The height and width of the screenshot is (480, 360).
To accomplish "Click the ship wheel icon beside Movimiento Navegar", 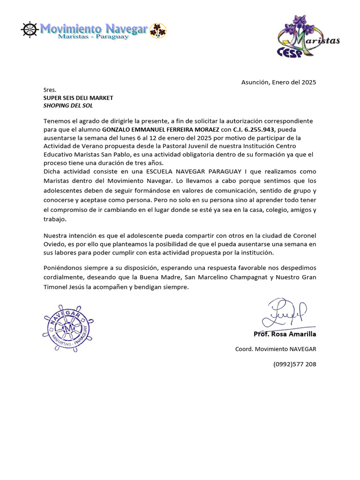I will [29, 30].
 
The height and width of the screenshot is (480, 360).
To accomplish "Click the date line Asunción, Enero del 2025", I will [278, 82].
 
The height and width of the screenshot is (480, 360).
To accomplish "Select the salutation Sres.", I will [50, 90].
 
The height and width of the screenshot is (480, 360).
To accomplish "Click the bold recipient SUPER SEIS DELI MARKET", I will [78, 97].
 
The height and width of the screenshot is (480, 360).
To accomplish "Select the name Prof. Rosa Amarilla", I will [285, 334].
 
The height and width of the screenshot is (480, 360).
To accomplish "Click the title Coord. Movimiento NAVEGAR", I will [276, 349].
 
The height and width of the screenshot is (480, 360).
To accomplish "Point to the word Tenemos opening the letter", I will [57, 121].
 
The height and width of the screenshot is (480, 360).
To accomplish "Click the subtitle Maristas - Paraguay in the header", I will [93, 37].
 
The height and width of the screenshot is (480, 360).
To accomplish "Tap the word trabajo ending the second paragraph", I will [55, 219].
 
